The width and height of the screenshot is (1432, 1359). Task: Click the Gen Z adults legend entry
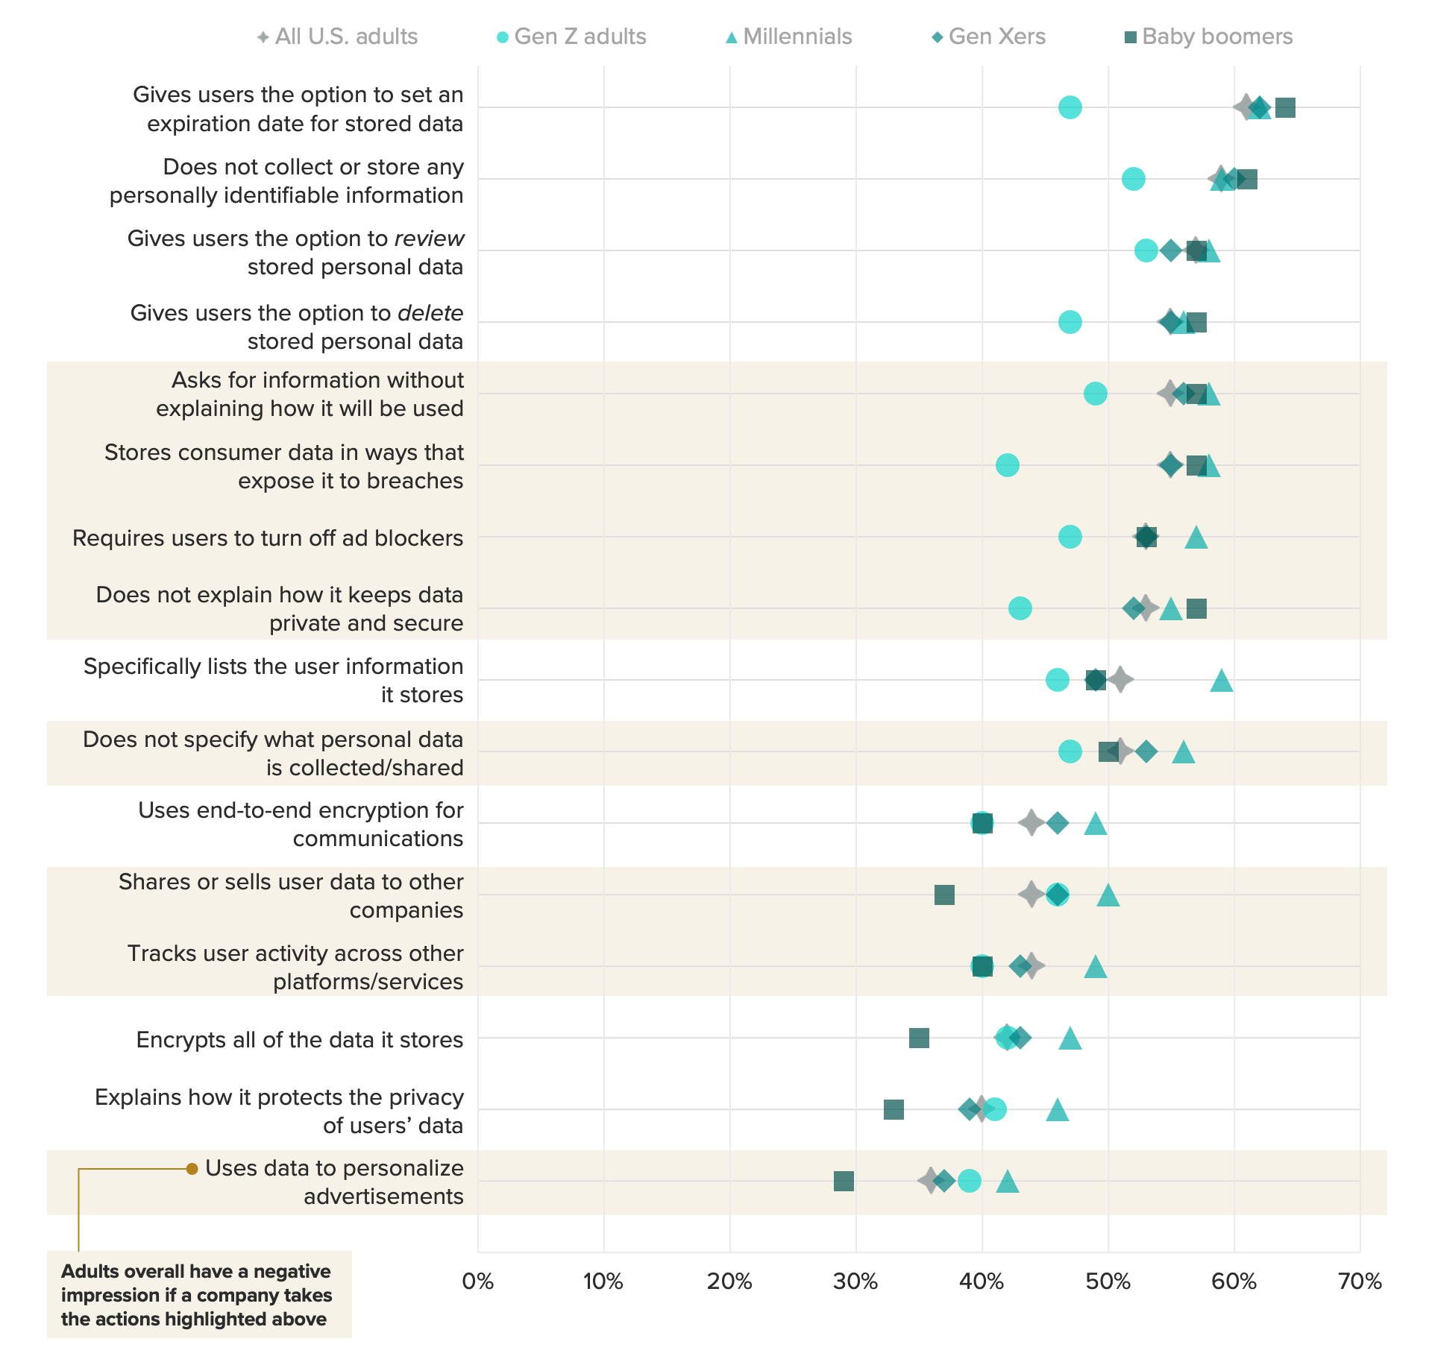571,37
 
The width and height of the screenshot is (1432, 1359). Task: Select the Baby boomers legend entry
1208,37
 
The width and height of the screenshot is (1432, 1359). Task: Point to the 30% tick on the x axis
855,1281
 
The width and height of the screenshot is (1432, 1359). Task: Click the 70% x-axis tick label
1360,1281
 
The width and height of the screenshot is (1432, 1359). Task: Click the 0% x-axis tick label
478,1281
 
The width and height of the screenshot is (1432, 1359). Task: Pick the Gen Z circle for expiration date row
1070,107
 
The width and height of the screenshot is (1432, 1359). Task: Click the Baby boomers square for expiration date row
1285,107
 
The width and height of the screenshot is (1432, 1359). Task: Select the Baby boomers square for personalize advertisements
844,1181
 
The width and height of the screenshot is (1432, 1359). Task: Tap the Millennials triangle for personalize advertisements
1008,1182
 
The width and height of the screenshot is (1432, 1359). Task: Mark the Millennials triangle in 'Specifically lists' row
1221,681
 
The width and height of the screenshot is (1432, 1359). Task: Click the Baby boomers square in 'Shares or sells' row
944,895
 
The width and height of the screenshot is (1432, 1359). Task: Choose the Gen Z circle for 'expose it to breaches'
1008,465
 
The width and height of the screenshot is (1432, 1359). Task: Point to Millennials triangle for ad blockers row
1196,537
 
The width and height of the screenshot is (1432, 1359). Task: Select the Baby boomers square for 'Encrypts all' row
919,1038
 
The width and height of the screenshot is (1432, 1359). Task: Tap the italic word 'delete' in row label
430,313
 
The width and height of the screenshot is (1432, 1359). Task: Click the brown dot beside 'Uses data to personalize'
192,1169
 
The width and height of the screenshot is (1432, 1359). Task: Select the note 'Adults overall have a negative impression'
197,1295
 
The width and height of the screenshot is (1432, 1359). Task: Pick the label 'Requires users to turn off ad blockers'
268,538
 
